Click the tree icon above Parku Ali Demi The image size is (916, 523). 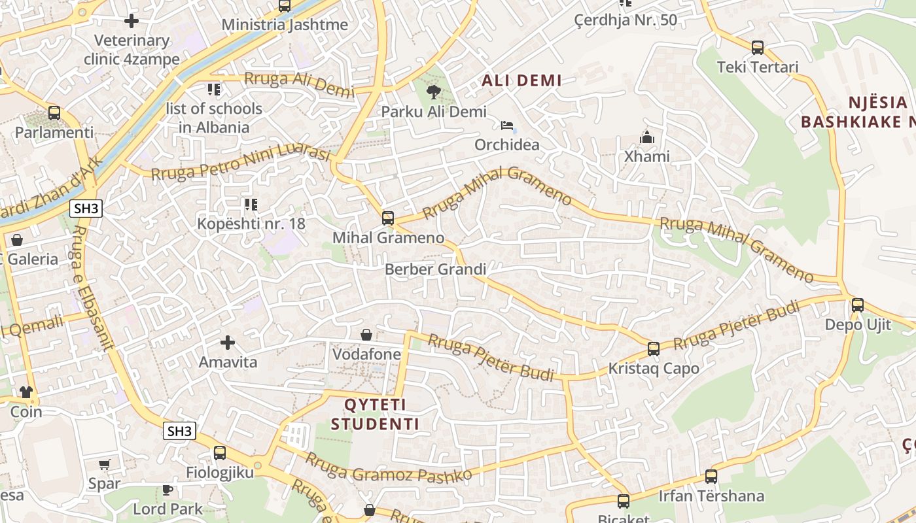pyautogui.click(x=433, y=92)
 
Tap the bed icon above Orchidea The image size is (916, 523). pyautogui.click(x=507, y=125)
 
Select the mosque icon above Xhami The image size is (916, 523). pyautogui.click(x=646, y=137)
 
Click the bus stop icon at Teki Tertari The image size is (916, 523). pyautogui.click(x=757, y=47)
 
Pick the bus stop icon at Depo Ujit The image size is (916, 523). pyautogui.click(x=857, y=305)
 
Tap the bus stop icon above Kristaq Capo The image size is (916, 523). pyautogui.click(x=653, y=348)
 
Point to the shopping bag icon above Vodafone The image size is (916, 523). pyautogui.click(x=366, y=335)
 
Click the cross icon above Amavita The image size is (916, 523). pyautogui.click(x=227, y=342)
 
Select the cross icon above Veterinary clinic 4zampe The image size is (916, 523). pyautogui.click(x=132, y=21)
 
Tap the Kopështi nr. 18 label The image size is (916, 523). pyautogui.click(x=251, y=224)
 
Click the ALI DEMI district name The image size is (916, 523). pyautogui.click(x=521, y=80)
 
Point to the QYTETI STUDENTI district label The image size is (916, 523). pyautogui.click(x=375, y=414)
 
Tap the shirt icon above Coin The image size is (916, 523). pyautogui.click(x=26, y=392)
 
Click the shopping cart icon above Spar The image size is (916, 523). pyautogui.click(x=104, y=464)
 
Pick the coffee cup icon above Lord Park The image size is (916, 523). pyautogui.click(x=167, y=489)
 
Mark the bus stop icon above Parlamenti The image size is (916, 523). pyautogui.click(x=54, y=112)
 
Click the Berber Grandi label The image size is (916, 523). pyautogui.click(x=435, y=269)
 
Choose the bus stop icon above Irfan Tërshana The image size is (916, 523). pyautogui.click(x=711, y=477)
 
